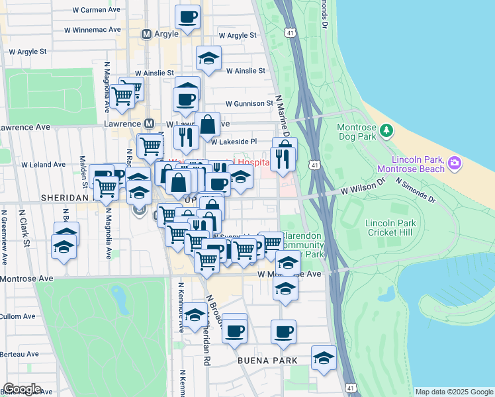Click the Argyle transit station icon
pos(147,34)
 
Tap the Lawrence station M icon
pos(150,124)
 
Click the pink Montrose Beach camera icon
pos(454,162)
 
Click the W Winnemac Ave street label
pos(93,30)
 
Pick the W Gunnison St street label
pos(249,103)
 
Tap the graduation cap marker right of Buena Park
pos(323,358)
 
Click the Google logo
pos(22,389)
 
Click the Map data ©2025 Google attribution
pos(453,392)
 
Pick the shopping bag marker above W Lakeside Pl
pos(207,124)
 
